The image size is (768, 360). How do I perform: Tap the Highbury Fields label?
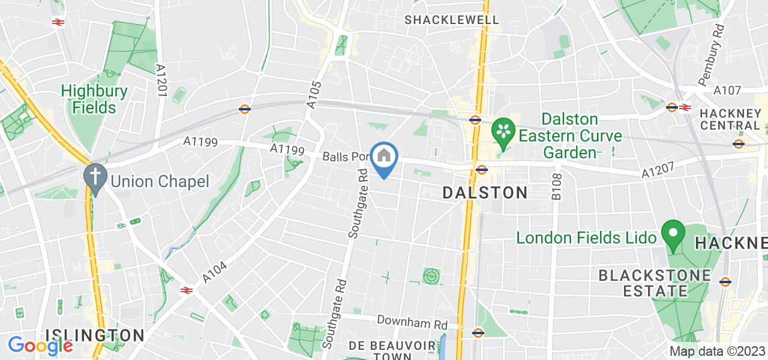click(94, 100)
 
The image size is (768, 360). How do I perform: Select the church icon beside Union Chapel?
click(95, 178)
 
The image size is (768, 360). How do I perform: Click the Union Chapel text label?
click(159, 181)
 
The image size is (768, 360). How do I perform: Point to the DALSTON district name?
click(485, 193)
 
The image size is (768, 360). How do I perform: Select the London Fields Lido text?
click(587, 238)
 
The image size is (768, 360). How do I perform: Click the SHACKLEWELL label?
click(452, 20)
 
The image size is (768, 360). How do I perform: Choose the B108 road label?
click(556, 186)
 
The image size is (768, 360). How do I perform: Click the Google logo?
click(40, 346)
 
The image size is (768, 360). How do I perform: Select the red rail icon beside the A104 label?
click(187, 290)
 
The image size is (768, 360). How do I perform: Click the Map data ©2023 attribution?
click(717, 351)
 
